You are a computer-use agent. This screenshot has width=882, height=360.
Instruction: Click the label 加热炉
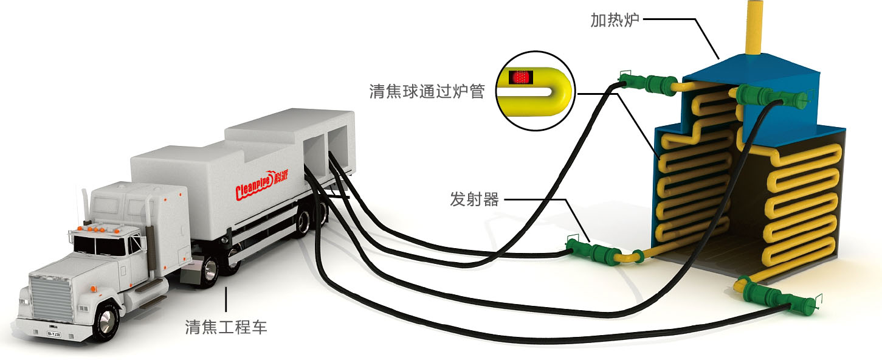[x=615, y=20]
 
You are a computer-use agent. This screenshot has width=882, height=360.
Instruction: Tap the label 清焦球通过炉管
[x=427, y=91]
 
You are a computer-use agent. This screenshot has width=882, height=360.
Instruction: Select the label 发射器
[x=474, y=199]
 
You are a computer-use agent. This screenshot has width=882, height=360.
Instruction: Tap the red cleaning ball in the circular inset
[x=519, y=77]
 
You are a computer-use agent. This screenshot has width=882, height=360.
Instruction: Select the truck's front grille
[x=51, y=297]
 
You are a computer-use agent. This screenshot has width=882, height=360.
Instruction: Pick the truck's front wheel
[x=107, y=320]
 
